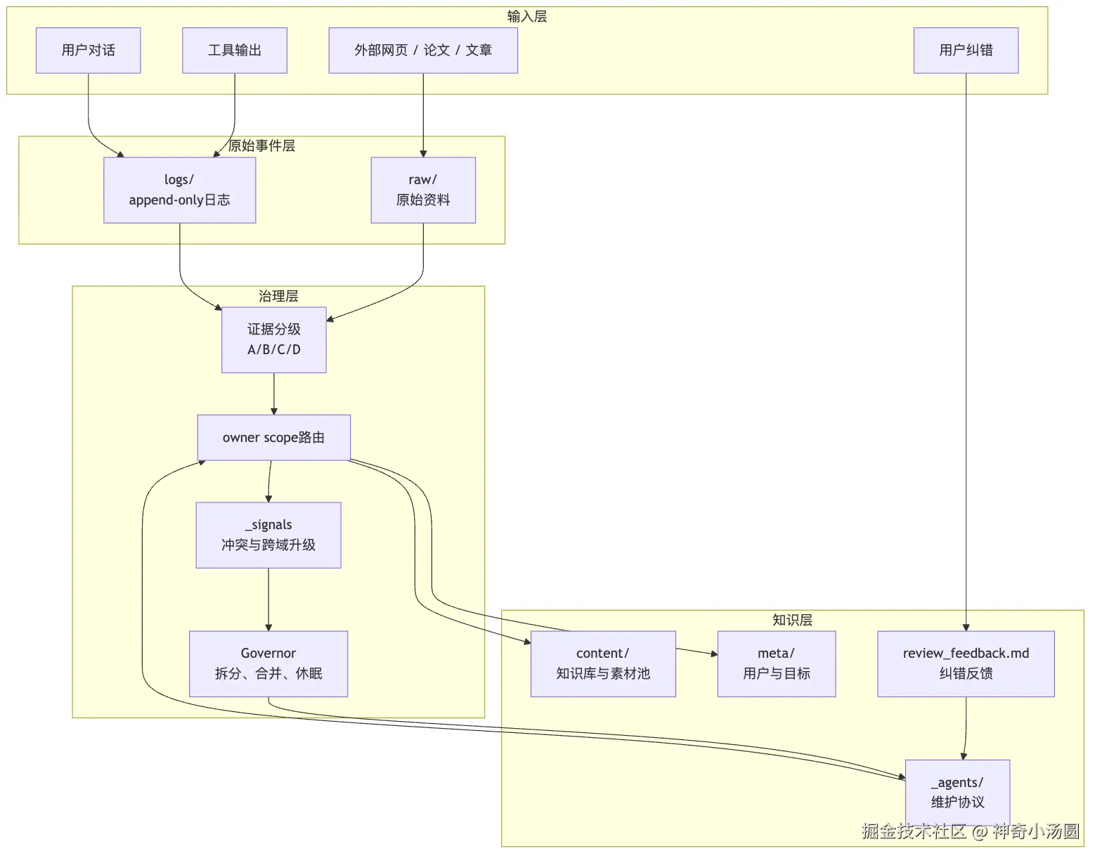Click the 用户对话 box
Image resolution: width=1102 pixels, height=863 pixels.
(x=89, y=50)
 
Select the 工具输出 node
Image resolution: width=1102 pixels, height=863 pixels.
(x=235, y=50)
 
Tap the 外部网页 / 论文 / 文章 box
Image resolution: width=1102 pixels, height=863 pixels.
(x=424, y=50)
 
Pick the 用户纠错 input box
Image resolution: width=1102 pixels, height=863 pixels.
(x=966, y=50)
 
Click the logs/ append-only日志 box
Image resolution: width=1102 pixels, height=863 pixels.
(x=179, y=190)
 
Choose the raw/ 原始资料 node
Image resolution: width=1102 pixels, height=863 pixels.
(x=424, y=190)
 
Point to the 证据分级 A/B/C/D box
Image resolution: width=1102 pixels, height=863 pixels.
(x=274, y=339)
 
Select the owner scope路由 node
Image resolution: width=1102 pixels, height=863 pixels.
(x=274, y=438)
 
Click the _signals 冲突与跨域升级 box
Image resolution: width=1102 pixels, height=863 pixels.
(x=268, y=535)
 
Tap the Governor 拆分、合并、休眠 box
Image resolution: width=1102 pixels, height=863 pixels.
(x=268, y=663)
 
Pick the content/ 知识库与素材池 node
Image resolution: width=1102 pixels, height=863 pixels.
(x=604, y=663)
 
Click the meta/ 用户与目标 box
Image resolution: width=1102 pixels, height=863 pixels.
(x=777, y=663)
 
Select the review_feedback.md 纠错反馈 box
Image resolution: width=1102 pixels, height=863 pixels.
(x=966, y=663)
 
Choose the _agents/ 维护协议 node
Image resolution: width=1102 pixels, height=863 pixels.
(x=957, y=793)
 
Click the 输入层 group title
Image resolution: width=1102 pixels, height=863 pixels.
(x=527, y=17)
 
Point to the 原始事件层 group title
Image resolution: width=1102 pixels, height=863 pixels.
(x=261, y=146)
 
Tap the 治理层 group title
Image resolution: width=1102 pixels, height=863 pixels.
(x=278, y=296)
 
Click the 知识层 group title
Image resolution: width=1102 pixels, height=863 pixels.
(x=792, y=620)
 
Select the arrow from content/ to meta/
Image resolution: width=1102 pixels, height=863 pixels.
(x=696, y=651)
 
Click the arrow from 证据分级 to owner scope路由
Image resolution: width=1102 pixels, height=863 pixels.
(x=274, y=394)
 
